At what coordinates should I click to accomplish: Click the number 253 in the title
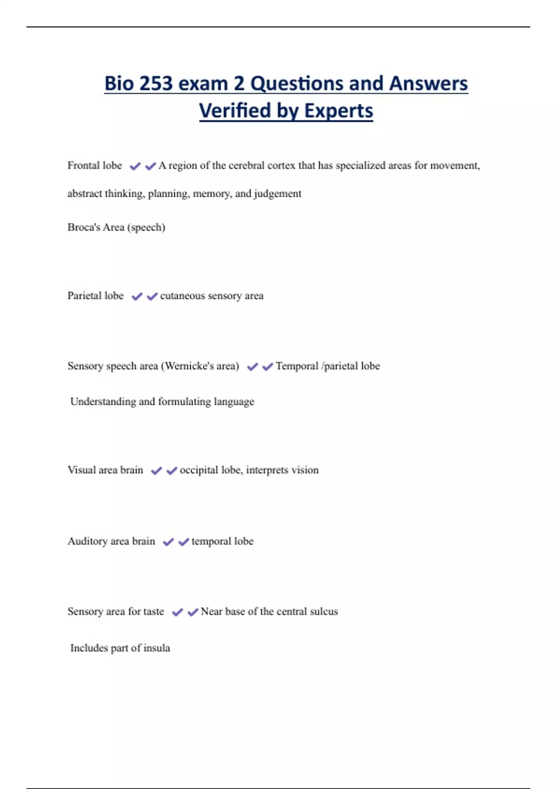click(155, 84)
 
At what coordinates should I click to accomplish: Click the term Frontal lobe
click(95, 166)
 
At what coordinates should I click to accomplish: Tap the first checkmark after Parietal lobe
click(137, 297)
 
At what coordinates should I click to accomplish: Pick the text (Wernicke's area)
click(200, 366)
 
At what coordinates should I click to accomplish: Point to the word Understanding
click(103, 401)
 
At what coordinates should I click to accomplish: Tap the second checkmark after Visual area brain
click(172, 471)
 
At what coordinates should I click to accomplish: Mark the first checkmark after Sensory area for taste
click(177, 613)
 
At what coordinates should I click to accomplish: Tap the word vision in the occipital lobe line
click(305, 470)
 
